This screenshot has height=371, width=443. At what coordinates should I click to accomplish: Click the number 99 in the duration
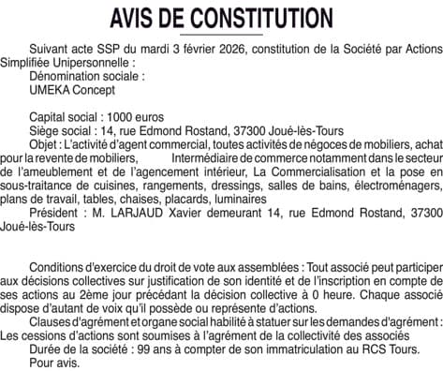pyautogui.click(x=132, y=345)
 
